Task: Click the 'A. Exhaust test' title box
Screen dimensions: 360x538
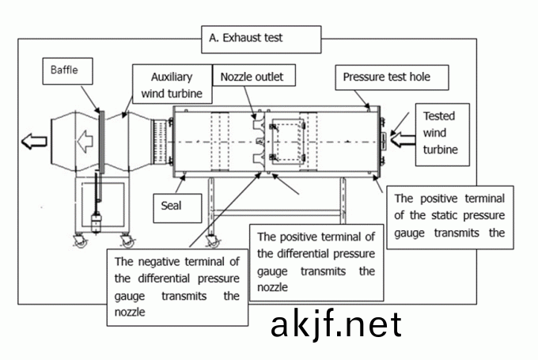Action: (262, 37)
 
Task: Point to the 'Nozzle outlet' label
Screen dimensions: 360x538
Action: (252, 77)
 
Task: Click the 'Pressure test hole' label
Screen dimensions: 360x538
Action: (393, 78)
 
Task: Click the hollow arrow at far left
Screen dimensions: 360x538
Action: (34, 142)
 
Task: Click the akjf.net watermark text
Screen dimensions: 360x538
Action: (335, 324)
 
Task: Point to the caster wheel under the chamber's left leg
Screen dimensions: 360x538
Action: (211, 241)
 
